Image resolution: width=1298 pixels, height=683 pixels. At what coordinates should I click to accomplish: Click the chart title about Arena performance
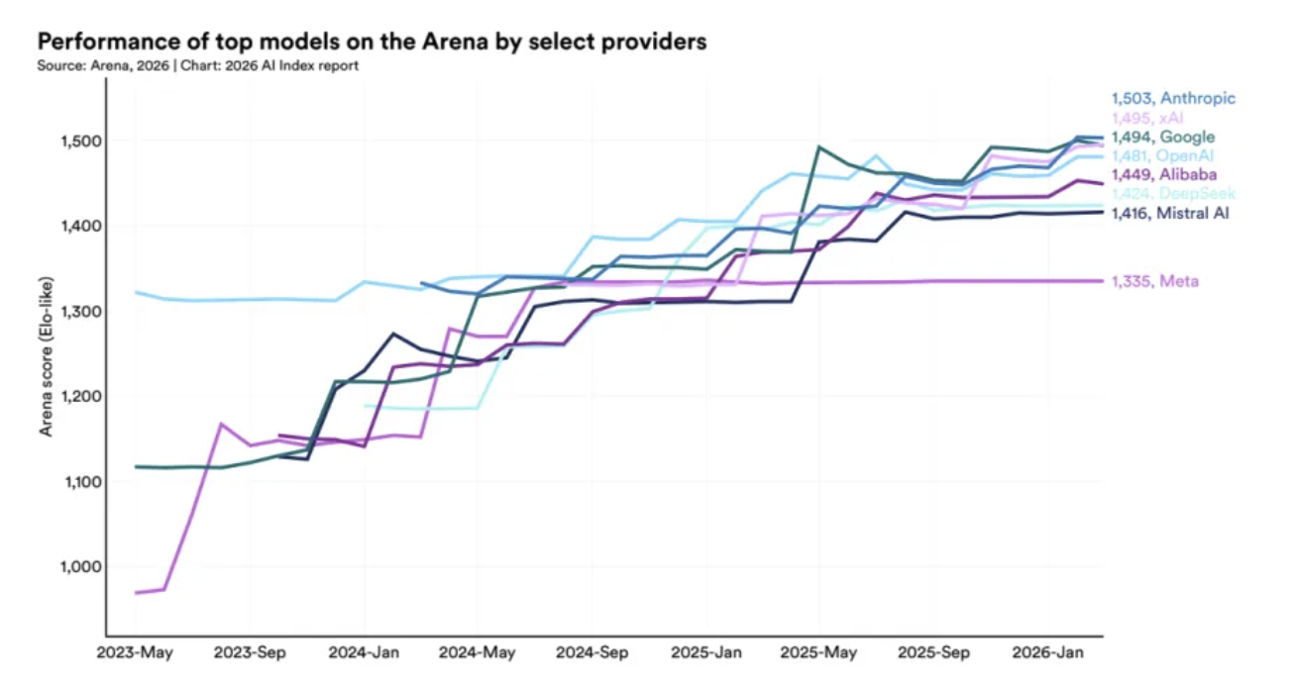[x=372, y=43]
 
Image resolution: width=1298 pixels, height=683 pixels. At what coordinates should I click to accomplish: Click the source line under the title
[x=198, y=65]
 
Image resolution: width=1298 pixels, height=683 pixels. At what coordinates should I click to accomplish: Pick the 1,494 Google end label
[x=1162, y=137]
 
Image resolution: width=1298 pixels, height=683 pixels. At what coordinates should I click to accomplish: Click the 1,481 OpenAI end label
[x=1162, y=155]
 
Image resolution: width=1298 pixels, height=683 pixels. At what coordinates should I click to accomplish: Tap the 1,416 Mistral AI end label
[x=1169, y=212]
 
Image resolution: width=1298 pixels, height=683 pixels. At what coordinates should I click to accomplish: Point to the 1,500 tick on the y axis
[x=73, y=141]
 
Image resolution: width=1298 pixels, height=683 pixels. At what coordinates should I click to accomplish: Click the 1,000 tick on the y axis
[x=73, y=567]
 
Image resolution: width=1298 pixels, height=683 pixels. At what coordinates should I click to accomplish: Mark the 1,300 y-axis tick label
[x=73, y=312]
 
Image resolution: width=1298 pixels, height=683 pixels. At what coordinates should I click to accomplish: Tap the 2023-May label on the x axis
[x=135, y=653]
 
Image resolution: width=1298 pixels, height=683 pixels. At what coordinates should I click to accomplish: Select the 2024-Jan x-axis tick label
[x=364, y=653]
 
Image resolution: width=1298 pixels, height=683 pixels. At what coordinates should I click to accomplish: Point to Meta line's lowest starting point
[x=136, y=592]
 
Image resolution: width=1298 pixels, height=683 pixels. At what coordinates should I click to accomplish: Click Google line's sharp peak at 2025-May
[x=819, y=147]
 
